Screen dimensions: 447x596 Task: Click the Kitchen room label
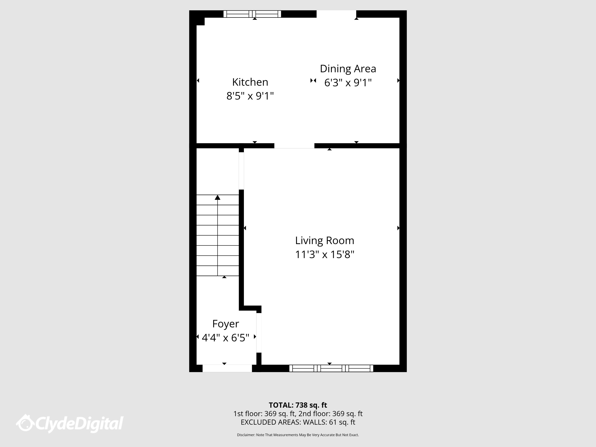pyautogui.click(x=250, y=82)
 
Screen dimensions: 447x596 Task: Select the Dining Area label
pyautogui.click(x=348, y=69)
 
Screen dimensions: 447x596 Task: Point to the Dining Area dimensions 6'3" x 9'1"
pyautogui.click(x=348, y=83)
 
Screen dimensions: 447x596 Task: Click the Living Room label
pyautogui.click(x=325, y=241)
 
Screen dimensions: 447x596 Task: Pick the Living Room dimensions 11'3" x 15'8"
pyautogui.click(x=325, y=255)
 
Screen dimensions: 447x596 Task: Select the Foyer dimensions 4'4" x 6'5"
pyautogui.click(x=225, y=338)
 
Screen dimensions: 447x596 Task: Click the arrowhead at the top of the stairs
pyautogui.click(x=217, y=197)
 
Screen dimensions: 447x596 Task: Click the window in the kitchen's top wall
pyautogui.click(x=252, y=14)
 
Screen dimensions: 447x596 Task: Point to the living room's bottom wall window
pyautogui.click(x=331, y=368)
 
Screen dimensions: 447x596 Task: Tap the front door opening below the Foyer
pyautogui.click(x=227, y=368)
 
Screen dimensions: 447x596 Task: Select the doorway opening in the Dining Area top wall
pyautogui.click(x=336, y=14)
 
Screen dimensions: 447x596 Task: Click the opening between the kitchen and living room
pyautogui.click(x=294, y=146)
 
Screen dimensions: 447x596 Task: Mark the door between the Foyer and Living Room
pyautogui.click(x=259, y=333)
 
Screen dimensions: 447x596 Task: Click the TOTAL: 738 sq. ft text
pyautogui.click(x=298, y=405)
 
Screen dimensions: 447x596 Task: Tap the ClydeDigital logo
pyautogui.click(x=70, y=424)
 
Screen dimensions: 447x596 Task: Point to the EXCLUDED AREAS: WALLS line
pyautogui.click(x=298, y=422)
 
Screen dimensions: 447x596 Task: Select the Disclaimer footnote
pyautogui.click(x=298, y=435)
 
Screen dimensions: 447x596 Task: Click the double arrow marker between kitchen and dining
pyautogui.click(x=313, y=81)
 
